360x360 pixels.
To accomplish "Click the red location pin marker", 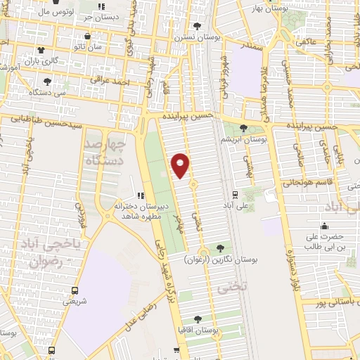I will coord(181,165).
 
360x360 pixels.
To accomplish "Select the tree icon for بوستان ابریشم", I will coord(243,128).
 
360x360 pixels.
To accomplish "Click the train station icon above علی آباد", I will coord(235,195).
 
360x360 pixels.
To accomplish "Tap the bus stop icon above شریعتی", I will coord(75,290).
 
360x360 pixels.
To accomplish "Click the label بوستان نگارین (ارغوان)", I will coord(221,259).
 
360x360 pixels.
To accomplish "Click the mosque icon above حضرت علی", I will coord(324,226).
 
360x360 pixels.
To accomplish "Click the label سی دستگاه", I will coord(51,92).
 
